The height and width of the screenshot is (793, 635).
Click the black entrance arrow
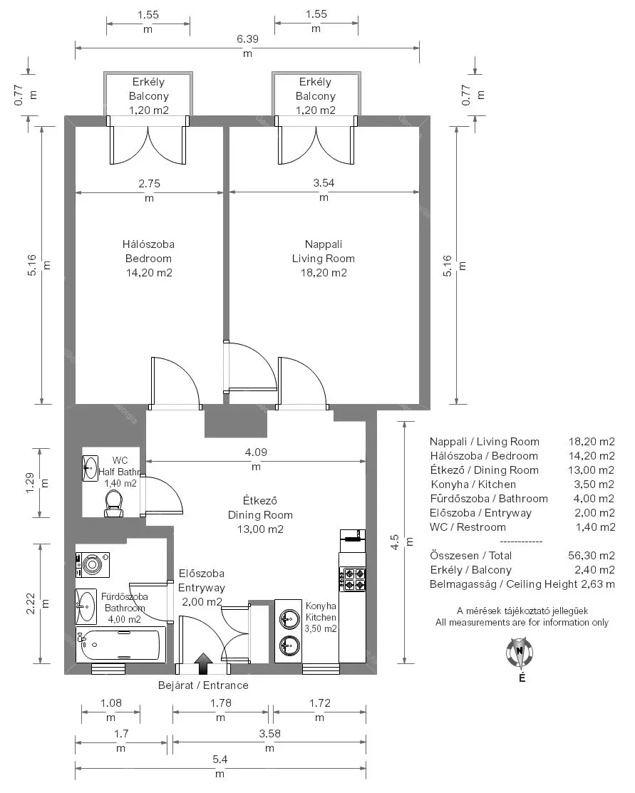pos(203,663)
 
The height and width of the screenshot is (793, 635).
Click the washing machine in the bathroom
pos(92,565)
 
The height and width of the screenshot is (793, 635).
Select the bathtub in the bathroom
pos(121,644)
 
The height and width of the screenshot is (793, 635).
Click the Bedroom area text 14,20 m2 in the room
pos(149,273)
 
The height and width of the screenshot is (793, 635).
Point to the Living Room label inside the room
pos(324,259)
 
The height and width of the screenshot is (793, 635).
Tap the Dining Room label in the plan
pos(260,515)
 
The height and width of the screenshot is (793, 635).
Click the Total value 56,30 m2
pos(592,555)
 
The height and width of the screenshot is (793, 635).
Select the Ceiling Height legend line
pos(522,584)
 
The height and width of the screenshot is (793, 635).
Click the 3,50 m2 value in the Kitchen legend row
pos(594,484)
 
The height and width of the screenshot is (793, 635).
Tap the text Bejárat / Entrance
pos(203,685)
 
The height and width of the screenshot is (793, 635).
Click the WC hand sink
pos(91,468)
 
